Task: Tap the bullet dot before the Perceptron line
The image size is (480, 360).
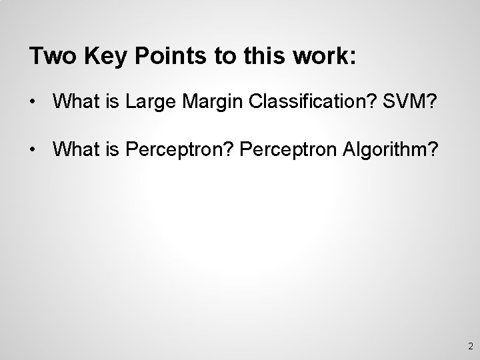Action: (x=33, y=150)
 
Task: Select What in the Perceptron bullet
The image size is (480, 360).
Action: (x=76, y=150)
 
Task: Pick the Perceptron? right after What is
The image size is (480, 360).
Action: (x=175, y=150)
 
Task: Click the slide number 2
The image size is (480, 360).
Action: (x=470, y=346)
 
